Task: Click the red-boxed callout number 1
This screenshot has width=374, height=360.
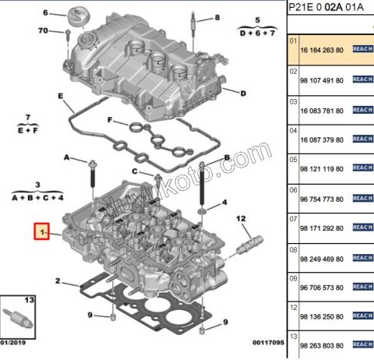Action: (x=41, y=232)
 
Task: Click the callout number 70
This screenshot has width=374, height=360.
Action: (x=43, y=32)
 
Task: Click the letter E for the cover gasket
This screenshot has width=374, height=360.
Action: (x=60, y=96)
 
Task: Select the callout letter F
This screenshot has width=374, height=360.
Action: (x=111, y=120)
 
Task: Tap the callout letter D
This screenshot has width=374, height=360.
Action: (x=243, y=94)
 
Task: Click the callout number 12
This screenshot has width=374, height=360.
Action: (x=242, y=218)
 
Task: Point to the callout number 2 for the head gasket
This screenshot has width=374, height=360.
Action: (x=58, y=281)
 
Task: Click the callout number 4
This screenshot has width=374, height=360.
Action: (x=224, y=203)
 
